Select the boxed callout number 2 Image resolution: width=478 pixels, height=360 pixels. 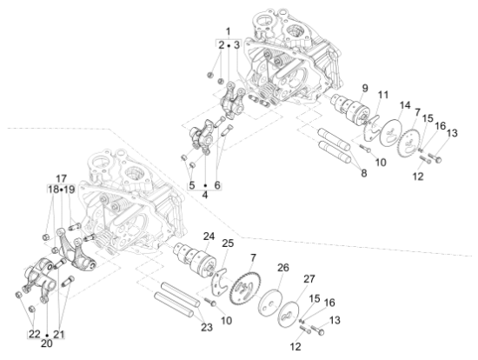point(221,44)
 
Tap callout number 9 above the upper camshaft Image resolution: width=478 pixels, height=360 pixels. point(365,88)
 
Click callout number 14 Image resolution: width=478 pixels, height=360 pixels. point(404,105)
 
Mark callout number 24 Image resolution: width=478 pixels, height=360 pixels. point(209,237)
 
